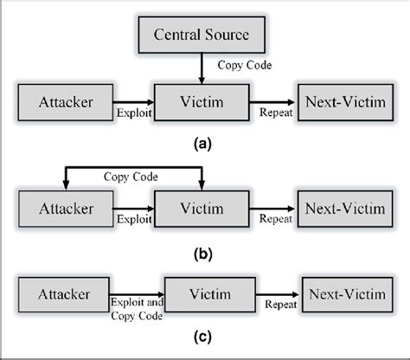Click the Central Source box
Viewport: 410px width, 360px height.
pyautogui.click(x=201, y=36)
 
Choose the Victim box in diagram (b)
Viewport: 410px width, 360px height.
pyautogui.click(x=201, y=209)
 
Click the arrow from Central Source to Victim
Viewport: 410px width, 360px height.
pyautogui.click(x=202, y=67)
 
